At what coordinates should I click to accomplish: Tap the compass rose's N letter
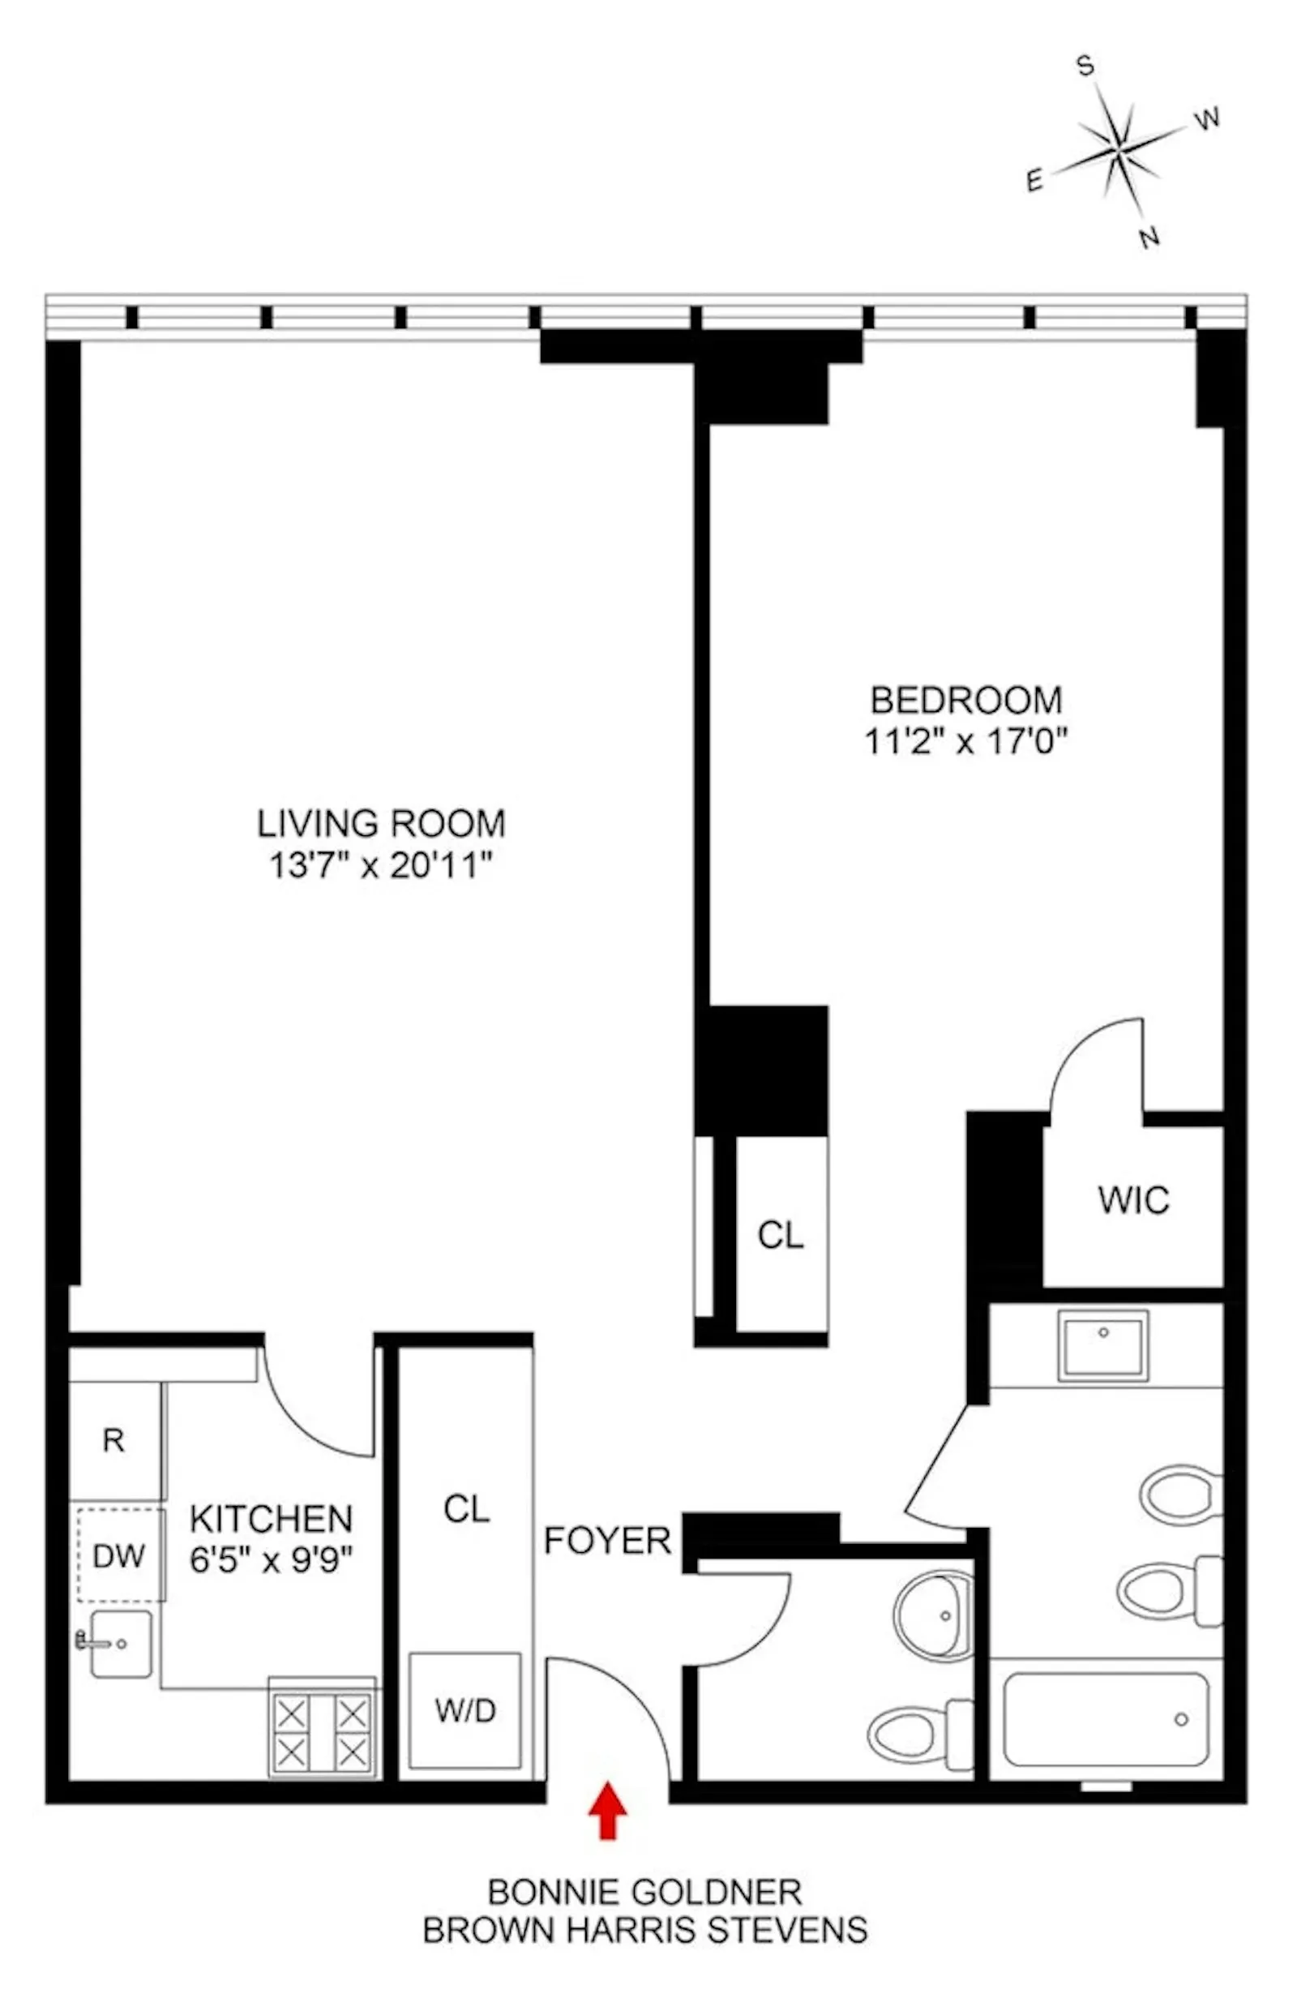click(1150, 238)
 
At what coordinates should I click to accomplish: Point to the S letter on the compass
click(1085, 65)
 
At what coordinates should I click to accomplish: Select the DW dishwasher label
click(118, 1556)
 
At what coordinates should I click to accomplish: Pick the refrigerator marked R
click(113, 1440)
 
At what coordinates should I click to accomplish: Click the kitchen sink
click(120, 1644)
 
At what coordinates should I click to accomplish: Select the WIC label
click(1133, 1200)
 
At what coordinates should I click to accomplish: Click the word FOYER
click(607, 1540)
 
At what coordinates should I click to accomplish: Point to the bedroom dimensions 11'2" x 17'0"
click(966, 741)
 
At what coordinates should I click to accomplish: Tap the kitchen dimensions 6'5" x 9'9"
click(271, 1560)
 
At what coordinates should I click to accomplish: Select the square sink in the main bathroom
click(1102, 1345)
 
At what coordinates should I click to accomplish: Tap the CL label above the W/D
click(466, 1509)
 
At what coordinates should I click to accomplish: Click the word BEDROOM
click(966, 700)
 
